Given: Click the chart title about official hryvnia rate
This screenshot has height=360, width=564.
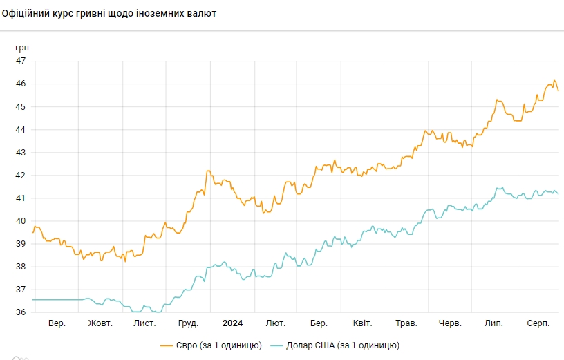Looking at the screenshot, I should [109, 13].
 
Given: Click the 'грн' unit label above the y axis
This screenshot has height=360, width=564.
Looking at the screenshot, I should [22, 47].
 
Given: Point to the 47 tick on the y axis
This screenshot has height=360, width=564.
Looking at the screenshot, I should [21, 61].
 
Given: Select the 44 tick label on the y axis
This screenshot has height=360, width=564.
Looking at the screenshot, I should [21, 129].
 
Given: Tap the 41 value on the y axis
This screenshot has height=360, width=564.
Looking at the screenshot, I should [21, 198].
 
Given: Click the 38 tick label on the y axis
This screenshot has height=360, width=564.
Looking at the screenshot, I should [21, 267].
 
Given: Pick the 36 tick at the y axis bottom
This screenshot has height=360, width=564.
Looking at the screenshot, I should [21, 312].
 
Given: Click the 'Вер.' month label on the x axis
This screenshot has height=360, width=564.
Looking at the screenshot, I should [57, 323].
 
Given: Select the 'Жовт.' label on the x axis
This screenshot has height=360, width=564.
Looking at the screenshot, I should [100, 323].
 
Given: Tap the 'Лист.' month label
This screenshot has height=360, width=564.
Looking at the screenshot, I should [144, 323].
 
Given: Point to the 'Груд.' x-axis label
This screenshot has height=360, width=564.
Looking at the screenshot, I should [188, 323].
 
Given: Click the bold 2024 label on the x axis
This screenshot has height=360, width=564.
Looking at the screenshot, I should [232, 323].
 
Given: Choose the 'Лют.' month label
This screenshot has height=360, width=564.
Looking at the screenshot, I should [276, 323].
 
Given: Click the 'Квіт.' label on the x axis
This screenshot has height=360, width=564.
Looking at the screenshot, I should [362, 323].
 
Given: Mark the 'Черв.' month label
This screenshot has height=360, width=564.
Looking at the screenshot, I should [450, 323].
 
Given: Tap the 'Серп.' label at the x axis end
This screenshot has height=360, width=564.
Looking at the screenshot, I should [538, 323].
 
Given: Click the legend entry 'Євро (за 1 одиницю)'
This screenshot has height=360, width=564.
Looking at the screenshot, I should [211, 345].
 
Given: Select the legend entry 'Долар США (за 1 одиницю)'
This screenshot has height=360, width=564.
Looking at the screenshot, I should [335, 345].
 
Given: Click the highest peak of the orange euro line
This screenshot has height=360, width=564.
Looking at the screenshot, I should [554, 80].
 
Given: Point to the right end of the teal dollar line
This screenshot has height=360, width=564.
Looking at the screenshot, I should [558, 194].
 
